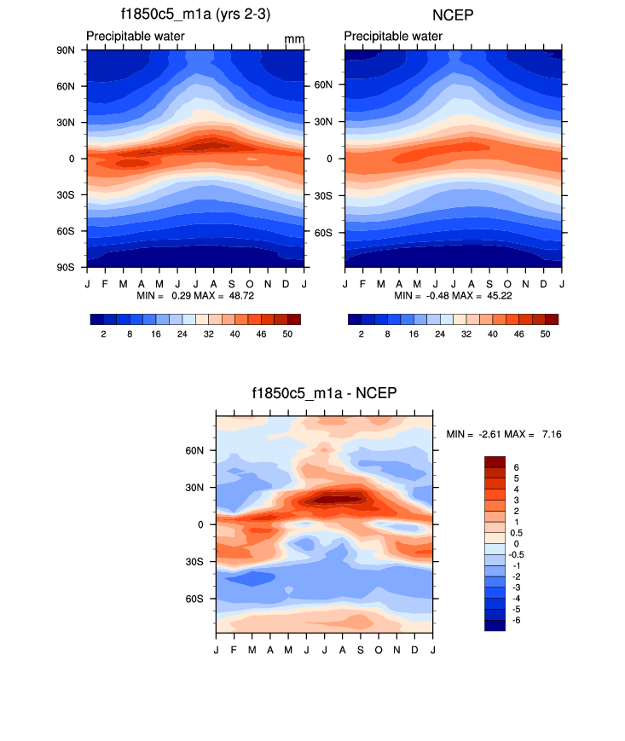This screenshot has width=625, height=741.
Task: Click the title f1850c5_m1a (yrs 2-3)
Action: click(195, 14)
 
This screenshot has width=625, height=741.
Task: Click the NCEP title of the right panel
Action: click(454, 14)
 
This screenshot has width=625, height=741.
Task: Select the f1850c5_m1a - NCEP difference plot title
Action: click(324, 393)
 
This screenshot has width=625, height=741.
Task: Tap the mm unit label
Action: click(294, 39)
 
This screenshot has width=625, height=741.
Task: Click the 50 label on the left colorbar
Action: click(287, 335)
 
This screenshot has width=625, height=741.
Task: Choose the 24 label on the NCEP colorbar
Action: click(440, 335)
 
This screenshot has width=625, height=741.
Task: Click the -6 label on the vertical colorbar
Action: click(515, 620)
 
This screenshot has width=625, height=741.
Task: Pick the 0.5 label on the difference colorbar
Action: click(517, 533)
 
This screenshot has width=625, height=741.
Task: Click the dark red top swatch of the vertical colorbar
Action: click(495, 461)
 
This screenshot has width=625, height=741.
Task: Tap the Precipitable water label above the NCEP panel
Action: click(393, 37)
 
